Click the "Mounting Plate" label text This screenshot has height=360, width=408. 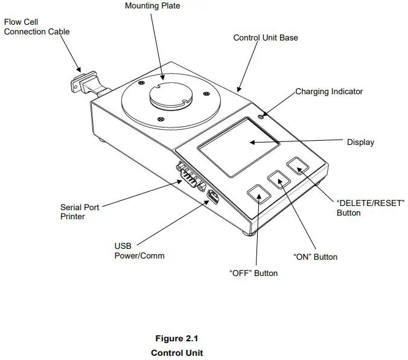(x=152, y=6)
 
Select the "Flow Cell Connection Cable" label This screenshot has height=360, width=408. (x=37, y=27)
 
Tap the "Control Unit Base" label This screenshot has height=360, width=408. (x=266, y=38)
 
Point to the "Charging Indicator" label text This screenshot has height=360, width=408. (x=329, y=92)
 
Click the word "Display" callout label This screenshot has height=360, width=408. (x=360, y=143)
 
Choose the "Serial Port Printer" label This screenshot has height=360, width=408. (x=80, y=212)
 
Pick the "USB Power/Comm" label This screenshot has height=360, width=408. (x=139, y=251)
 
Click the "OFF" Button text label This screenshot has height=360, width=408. (x=253, y=273)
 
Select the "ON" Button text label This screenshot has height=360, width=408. (x=315, y=257)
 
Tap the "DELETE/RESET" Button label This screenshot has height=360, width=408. (x=370, y=208)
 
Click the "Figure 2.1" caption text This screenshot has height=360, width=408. (x=177, y=338)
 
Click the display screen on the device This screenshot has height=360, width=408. (x=238, y=146)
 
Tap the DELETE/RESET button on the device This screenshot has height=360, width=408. (x=298, y=166)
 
